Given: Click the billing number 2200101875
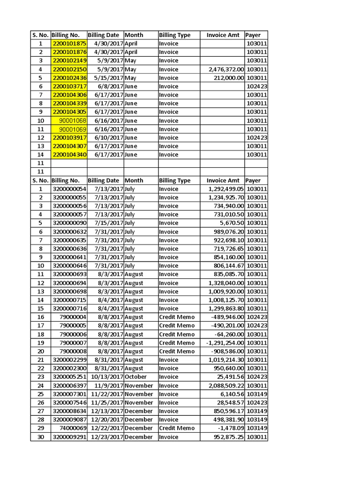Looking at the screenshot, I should point(69,44).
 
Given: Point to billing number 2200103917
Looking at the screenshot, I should point(69,138).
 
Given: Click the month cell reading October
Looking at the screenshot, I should point(136,377).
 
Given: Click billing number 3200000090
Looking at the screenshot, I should point(69,223).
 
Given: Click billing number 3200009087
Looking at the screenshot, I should point(69,420).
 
